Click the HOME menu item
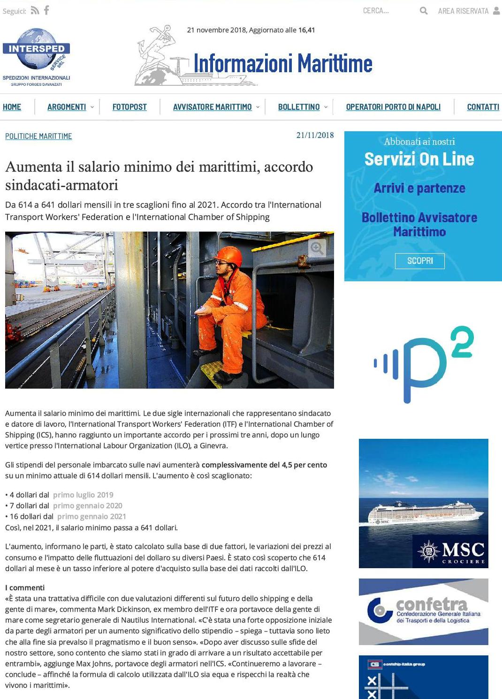pos(12,107)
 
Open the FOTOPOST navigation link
pos(129,107)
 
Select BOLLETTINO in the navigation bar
pos(299,107)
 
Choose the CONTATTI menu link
pos(483,107)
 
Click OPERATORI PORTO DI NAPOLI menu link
pos(393,107)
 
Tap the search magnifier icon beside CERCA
pos(424,10)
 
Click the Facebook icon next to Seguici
pos(46,10)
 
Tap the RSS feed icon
pos(35,10)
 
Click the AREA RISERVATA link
pos(464,11)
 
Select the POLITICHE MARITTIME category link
pos(38,136)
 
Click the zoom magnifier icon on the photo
pos(317,248)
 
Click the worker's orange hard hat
pos(229,255)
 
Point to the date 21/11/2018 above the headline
pos(315,135)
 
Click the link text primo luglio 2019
pos(83,495)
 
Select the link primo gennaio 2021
pos(91,516)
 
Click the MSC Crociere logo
pos(451,551)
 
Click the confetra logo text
pos(432,604)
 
